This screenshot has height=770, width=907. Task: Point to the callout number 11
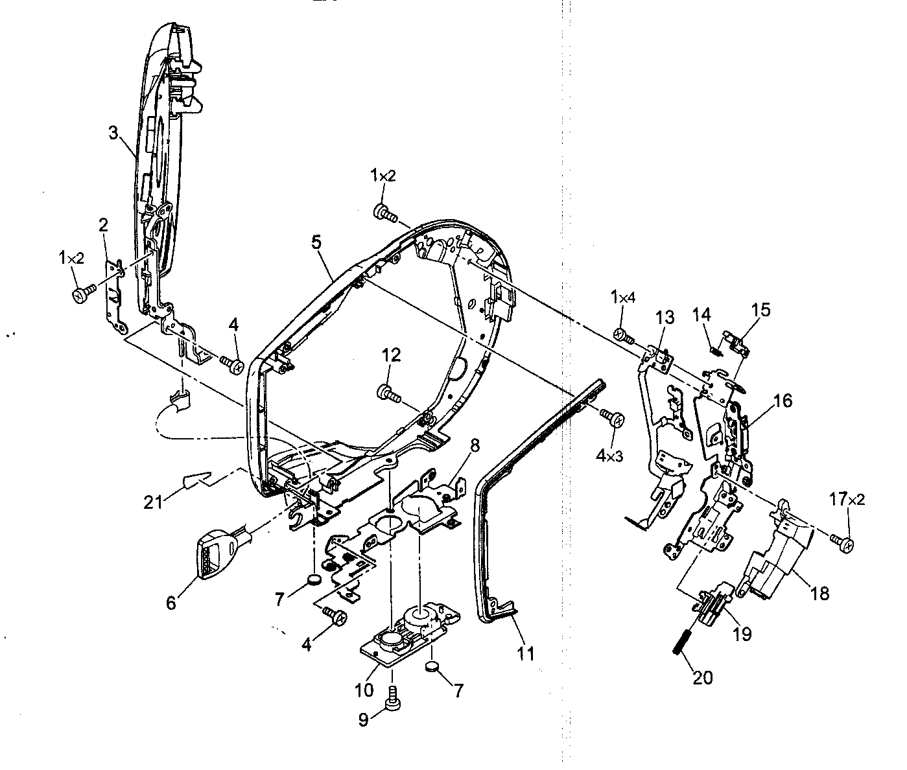[x=526, y=654]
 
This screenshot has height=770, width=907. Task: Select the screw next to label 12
[x=385, y=391]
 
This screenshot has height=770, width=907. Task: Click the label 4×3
[x=609, y=456]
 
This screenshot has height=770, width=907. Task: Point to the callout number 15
[x=760, y=310]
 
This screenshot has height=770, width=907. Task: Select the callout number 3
[x=113, y=134]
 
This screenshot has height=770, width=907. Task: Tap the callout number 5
[x=316, y=242]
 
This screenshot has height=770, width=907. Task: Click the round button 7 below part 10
[x=432, y=666]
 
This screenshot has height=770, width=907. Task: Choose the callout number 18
[x=819, y=592]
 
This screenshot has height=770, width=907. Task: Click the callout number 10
[x=364, y=690]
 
